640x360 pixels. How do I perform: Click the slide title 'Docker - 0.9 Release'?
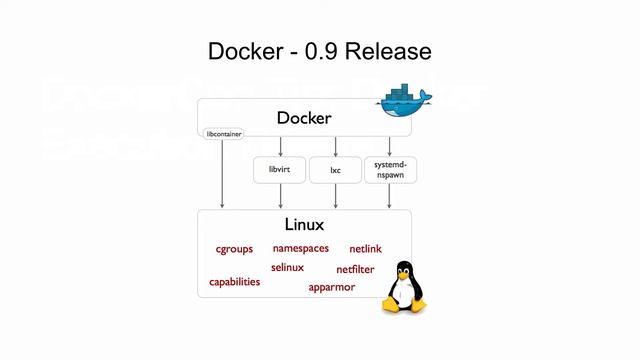click(319, 50)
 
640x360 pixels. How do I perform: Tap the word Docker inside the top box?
click(304, 118)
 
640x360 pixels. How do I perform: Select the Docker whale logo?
click(404, 92)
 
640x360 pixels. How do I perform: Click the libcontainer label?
click(222, 133)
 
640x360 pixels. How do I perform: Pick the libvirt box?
click(279, 170)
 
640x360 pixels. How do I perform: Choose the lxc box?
click(335, 170)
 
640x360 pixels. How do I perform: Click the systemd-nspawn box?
click(389, 169)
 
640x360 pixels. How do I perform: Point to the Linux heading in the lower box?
click(304, 225)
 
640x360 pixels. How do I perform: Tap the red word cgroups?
click(234, 249)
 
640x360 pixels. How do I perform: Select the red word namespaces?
click(300, 248)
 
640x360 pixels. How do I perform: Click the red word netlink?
click(365, 249)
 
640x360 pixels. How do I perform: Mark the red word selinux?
click(287, 267)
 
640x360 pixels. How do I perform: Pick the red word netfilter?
click(355, 269)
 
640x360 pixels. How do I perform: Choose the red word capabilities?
click(234, 282)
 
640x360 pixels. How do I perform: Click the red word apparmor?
click(331, 287)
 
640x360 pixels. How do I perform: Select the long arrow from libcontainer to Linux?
click(222, 175)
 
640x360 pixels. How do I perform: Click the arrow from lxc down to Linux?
click(335, 197)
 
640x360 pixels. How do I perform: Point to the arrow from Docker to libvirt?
click(280, 146)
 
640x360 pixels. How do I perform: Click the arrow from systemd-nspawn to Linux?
click(389, 197)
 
